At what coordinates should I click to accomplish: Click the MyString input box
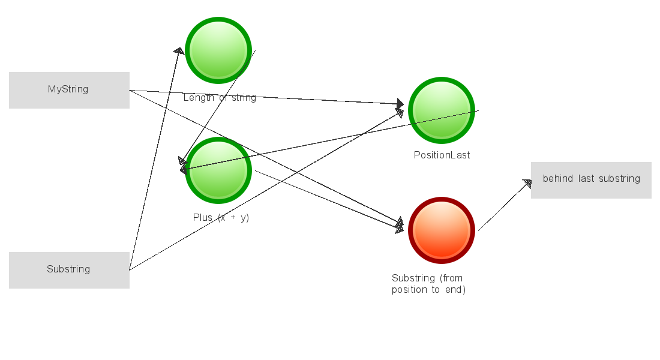tap(69, 90)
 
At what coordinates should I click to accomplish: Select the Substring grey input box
tap(69, 270)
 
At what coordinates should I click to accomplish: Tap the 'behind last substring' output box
tap(591, 180)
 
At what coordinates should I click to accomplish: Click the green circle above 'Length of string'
tap(218, 50)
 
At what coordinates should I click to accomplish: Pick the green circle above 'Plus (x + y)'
tap(218, 170)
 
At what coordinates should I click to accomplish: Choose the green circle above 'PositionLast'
tap(442, 110)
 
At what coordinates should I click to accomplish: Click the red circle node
tap(442, 230)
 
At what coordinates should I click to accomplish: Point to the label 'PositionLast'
tap(442, 155)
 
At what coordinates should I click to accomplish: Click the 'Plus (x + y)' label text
tap(221, 218)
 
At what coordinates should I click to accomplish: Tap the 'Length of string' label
tap(220, 98)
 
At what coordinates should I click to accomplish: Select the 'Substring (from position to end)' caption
tap(428, 284)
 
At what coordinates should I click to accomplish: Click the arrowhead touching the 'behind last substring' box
tap(527, 184)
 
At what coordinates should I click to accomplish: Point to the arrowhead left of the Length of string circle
tap(178, 51)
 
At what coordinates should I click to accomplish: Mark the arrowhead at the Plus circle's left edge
tap(184, 166)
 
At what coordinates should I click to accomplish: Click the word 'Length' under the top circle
tap(196, 98)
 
